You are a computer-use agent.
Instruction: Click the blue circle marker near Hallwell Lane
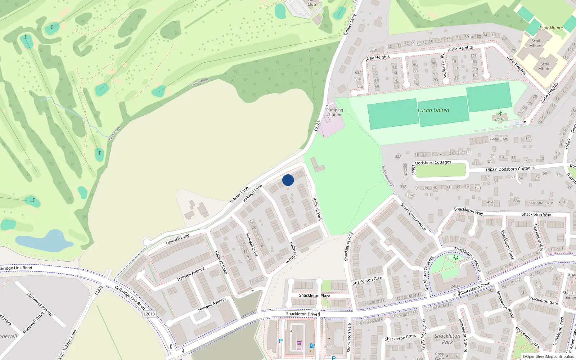click(288, 180)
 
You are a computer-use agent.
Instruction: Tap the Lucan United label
click(433, 111)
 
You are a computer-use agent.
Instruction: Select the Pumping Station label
click(334, 112)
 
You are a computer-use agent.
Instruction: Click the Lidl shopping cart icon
click(299, 343)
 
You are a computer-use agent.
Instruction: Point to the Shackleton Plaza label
click(314, 296)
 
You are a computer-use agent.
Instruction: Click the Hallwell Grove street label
click(293, 252)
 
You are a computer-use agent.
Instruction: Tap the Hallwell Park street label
click(316, 209)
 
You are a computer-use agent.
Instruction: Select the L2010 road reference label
click(149, 314)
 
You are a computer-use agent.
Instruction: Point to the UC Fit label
click(500, 120)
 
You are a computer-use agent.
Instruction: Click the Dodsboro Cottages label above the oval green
click(433, 163)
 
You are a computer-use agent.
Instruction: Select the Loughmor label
click(498, 139)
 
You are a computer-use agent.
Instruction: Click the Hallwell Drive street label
click(252, 245)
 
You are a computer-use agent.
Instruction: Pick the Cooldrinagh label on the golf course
click(199, 82)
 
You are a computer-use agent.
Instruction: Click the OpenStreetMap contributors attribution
click(548, 357)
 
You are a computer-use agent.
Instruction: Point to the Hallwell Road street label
click(221, 262)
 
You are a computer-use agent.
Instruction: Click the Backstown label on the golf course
click(115, 133)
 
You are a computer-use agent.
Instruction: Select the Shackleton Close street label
click(507, 245)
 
